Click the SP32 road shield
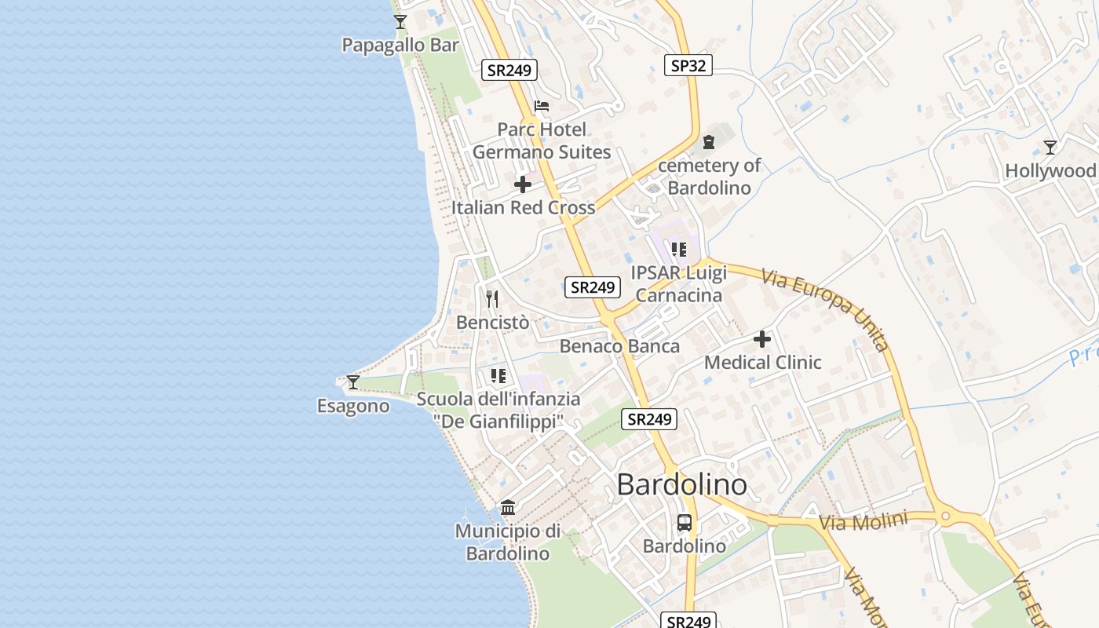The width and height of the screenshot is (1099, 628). [688, 65]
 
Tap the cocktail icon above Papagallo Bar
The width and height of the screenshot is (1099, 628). [400, 22]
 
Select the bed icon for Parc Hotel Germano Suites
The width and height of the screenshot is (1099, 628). [542, 106]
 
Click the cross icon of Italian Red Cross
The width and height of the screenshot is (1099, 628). [523, 185]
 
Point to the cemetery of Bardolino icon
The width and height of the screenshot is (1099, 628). [710, 142]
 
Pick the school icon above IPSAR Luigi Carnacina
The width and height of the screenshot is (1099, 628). [679, 250]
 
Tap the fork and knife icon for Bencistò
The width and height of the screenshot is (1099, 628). [492, 298]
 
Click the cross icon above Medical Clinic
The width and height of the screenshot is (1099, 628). [762, 339]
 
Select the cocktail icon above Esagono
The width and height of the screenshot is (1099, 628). [353, 382]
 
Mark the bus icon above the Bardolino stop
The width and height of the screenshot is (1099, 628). [685, 523]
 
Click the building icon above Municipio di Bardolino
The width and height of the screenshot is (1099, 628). [508, 508]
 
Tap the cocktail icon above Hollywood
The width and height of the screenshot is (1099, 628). [1050, 148]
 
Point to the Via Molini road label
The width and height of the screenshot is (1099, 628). [863, 520]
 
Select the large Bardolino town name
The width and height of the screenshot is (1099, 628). [681, 484]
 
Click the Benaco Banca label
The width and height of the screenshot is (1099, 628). [619, 346]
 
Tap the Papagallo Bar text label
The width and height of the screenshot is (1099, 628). [400, 46]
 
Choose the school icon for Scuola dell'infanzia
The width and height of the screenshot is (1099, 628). [498, 376]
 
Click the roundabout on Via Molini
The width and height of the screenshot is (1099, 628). [945, 517]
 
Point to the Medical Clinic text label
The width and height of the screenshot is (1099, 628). [762, 363]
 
